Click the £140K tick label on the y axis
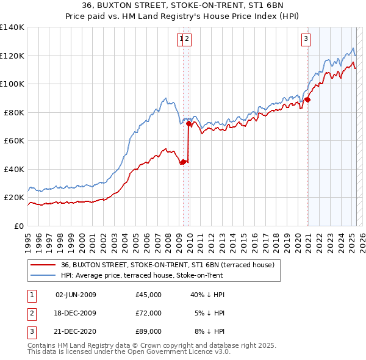tap(12, 27)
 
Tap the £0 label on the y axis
tap(19, 226)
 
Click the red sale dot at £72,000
tap(188, 124)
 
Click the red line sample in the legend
tap(42, 265)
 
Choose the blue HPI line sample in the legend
tap(42, 275)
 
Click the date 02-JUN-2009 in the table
tap(76, 295)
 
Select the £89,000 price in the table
tap(149, 331)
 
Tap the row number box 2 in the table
tap(30, 313)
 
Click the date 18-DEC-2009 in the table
tap(76, 313)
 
